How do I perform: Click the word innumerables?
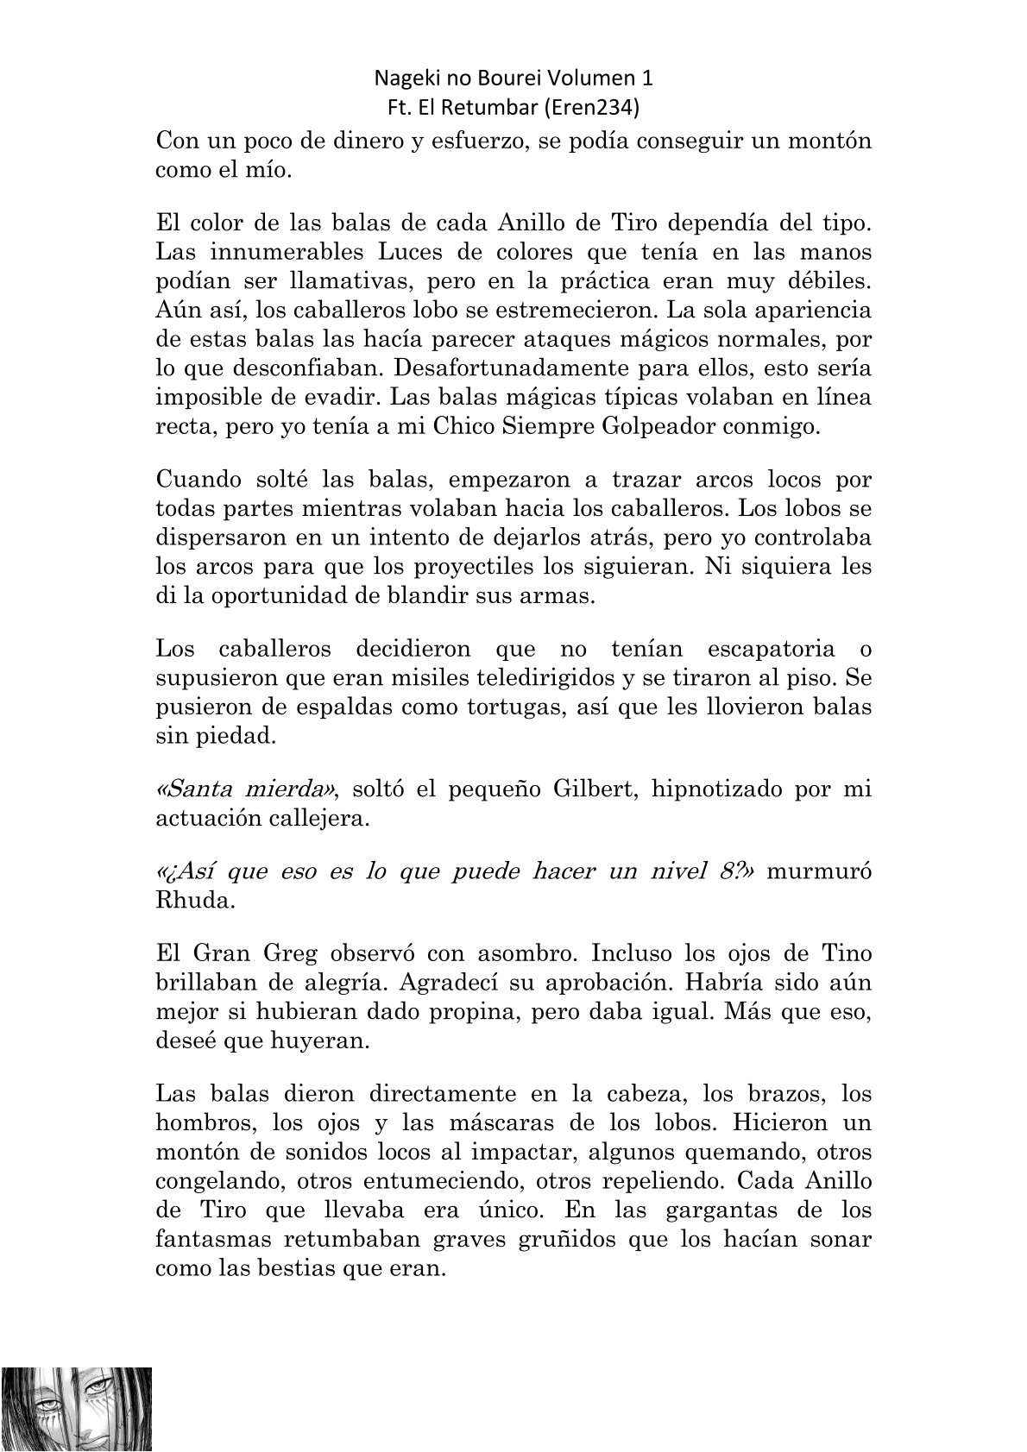[283, 252]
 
